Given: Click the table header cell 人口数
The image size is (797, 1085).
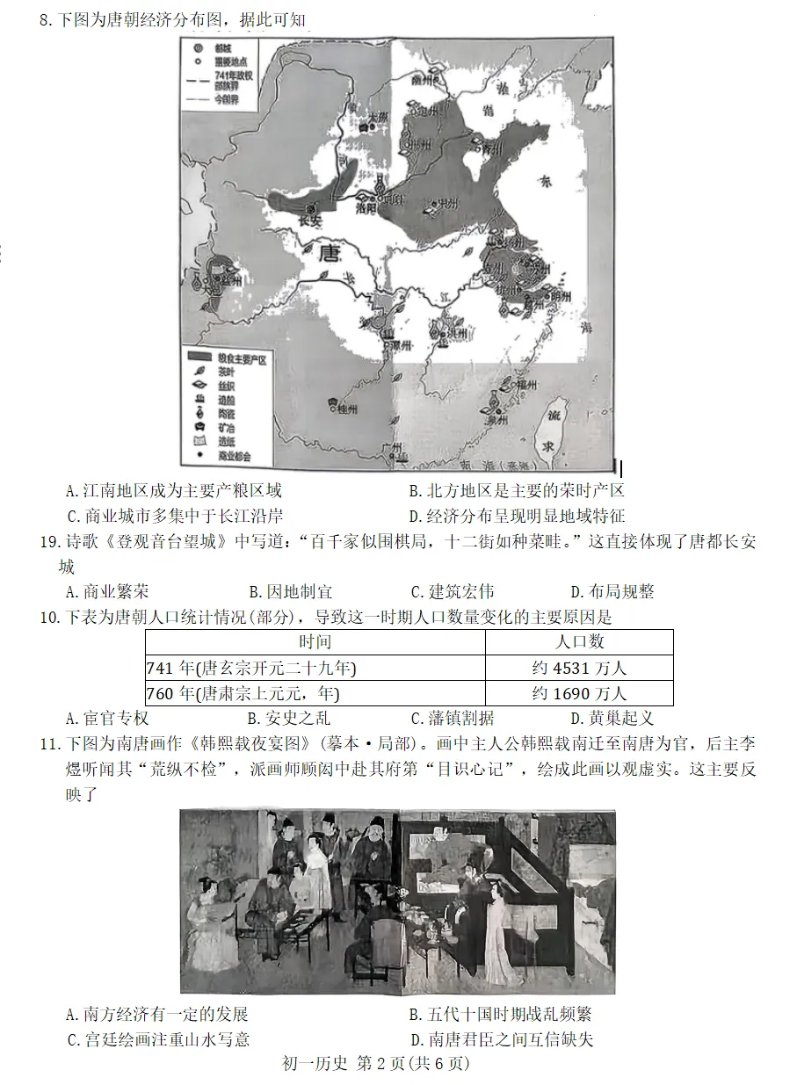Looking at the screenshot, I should point(579,642).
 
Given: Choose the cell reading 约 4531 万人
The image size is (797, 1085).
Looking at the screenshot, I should point(579,668).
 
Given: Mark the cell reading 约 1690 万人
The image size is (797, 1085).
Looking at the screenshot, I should point(579,693).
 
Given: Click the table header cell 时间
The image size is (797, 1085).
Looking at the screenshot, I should point(315,642).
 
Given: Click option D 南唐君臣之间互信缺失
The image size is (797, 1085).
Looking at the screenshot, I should point(501,1039).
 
